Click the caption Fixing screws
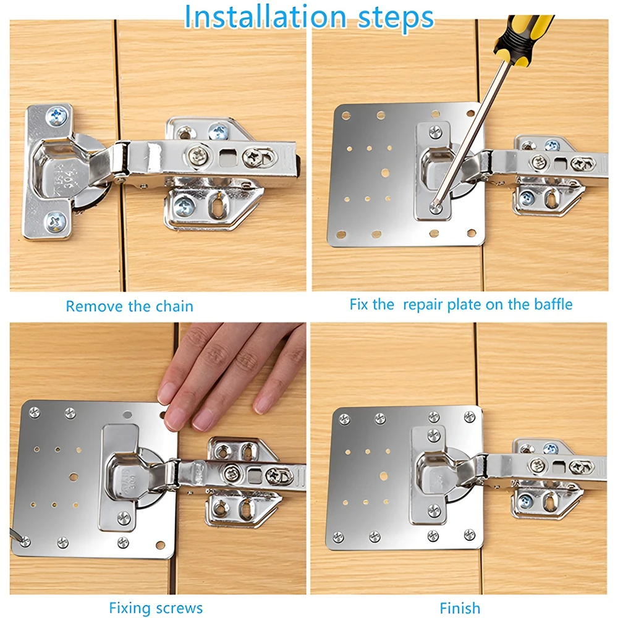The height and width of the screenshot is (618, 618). point(155,608)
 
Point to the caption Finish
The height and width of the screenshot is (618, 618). point(460,608)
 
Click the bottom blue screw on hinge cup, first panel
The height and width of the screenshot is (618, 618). point(56,219)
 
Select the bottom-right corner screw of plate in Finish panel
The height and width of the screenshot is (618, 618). point(469,534)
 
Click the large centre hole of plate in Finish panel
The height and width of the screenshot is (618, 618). point(383,476)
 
